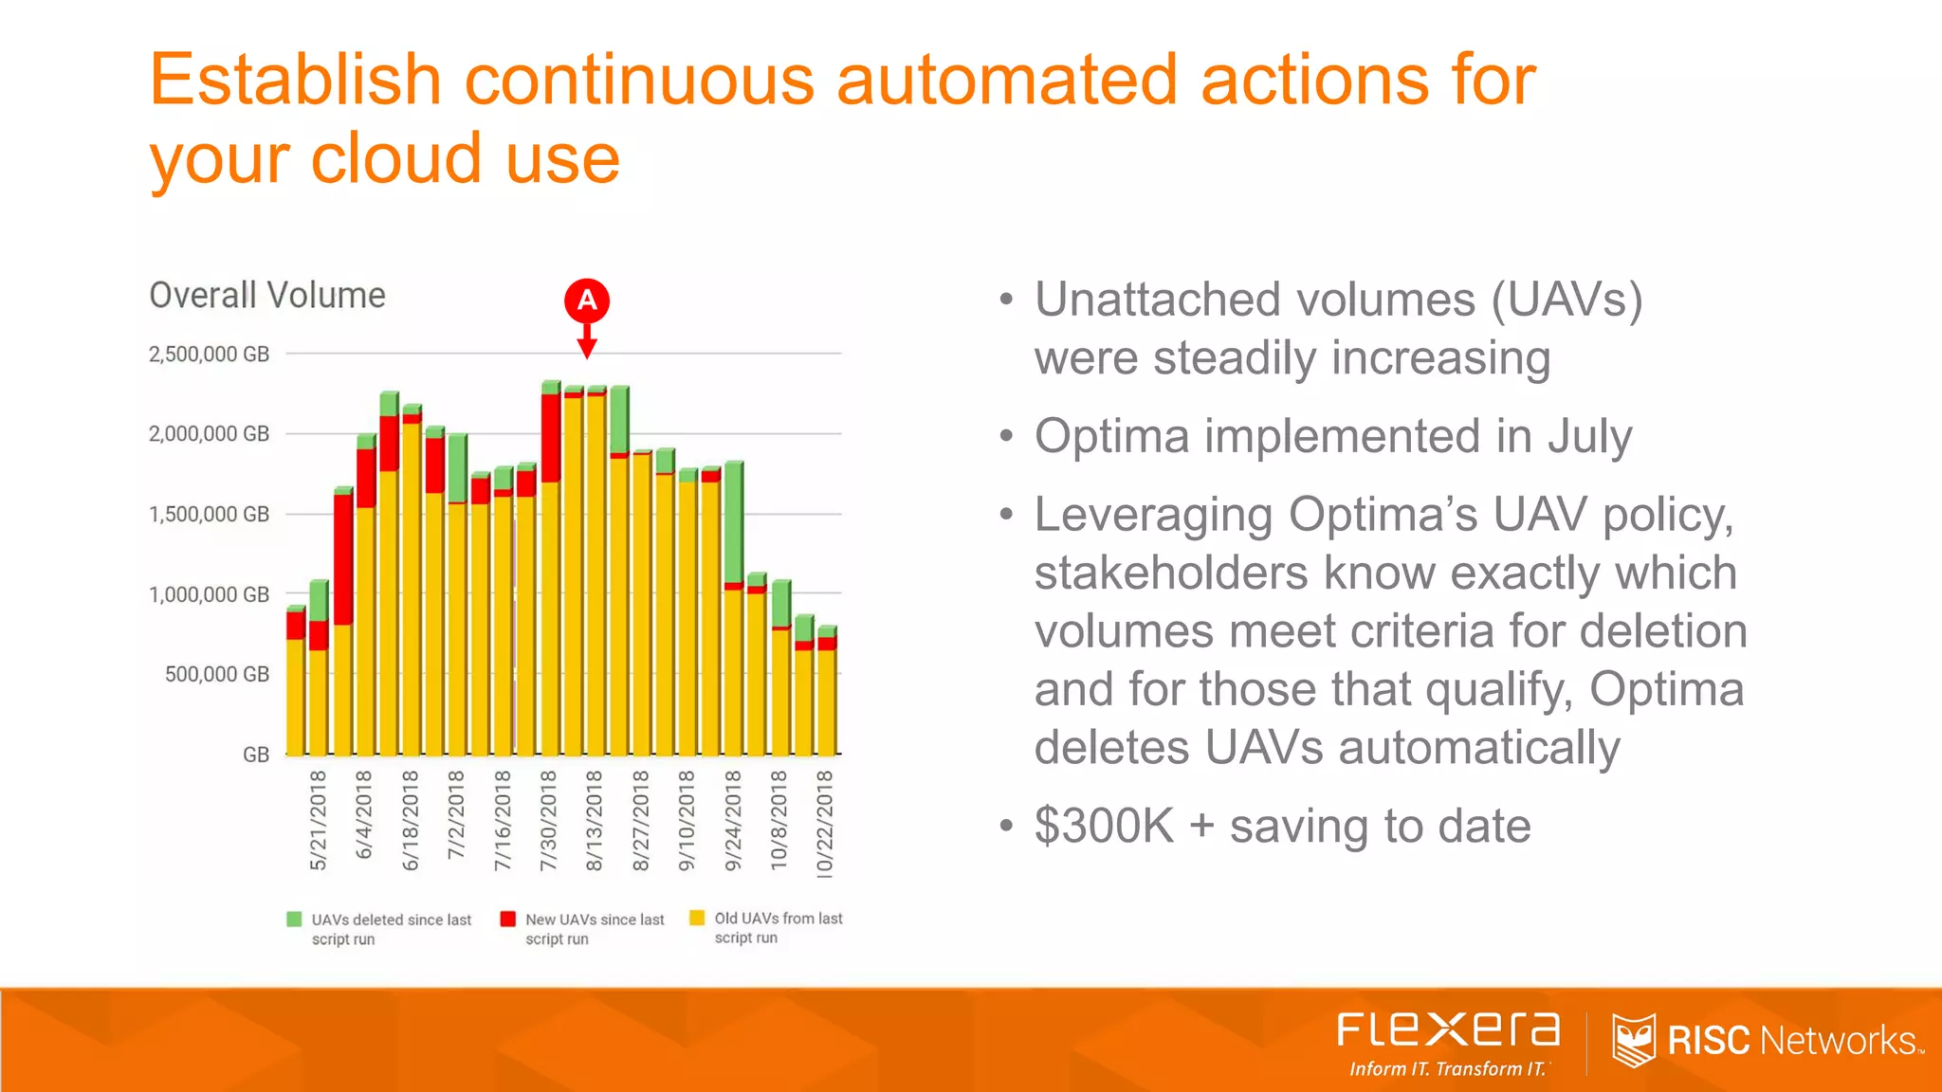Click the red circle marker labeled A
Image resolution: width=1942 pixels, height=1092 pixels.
[x=587, y=300]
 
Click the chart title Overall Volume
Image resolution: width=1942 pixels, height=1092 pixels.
[x=267, y=296]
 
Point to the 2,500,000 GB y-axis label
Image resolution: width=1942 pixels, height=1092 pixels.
[x=209, y=355]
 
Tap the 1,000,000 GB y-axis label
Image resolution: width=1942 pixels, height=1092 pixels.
[x=209, y=595]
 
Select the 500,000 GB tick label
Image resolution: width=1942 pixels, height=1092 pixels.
[x=217, y=675]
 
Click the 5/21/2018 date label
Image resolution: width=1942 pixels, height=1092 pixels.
[x=319, y=820]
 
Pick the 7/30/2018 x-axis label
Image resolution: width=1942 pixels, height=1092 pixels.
[x=548, y=820]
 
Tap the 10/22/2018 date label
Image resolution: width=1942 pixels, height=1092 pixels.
[x=825, y=823]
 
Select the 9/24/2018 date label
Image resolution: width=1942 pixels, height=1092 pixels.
[x=733, y=820]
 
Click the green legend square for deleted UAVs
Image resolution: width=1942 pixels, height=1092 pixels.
[x=294, y=919]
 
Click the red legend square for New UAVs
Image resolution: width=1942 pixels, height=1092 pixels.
[x=508, y=919]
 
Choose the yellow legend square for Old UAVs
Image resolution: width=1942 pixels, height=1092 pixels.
[x=697, y=918]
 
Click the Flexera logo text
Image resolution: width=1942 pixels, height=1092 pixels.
[x=1448, y=1029]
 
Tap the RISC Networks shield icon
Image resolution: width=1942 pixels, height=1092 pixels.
[x=1634, y=1040]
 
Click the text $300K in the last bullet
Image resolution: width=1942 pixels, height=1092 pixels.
[x=1104, y=826]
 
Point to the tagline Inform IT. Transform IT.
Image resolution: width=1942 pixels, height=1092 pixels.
[x=1448, y=1069]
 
